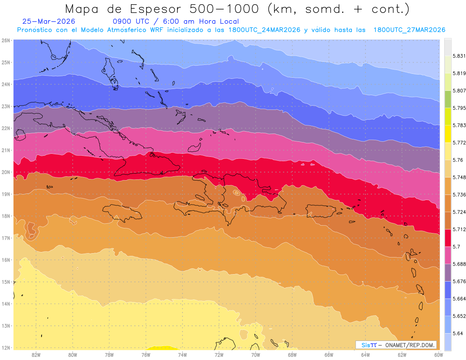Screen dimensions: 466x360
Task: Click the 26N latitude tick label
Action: [x=5, y=40]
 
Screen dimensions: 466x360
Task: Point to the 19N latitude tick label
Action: [x=5, y=194]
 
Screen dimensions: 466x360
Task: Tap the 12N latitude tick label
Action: [x=5, y=348]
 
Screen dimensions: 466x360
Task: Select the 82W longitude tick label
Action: [x=36, y=355]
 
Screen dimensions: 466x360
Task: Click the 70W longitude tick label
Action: [x=256, y=355]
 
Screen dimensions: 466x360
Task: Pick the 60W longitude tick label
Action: [x=438, y=355]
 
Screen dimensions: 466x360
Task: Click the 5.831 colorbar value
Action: [x=459, y=56]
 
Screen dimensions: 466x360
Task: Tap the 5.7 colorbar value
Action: [x=456, y=247]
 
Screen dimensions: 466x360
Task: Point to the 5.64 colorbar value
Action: [x=457, y=333]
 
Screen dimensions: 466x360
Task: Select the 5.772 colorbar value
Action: [x=459, y=143]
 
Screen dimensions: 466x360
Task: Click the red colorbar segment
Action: [x=448, y=238]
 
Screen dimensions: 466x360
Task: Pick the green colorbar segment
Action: [x=448, y=99]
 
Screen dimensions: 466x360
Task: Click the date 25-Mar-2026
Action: [x=49, y=21]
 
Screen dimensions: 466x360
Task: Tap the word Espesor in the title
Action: [x=156, y=9]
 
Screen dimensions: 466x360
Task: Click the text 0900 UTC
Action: [x=131, y=21]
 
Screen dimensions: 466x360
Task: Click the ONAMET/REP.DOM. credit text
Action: [x=410, y=345]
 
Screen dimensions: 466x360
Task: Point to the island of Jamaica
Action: [x=122, y=212]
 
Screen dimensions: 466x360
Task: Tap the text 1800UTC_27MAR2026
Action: [x=409, y=30]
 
